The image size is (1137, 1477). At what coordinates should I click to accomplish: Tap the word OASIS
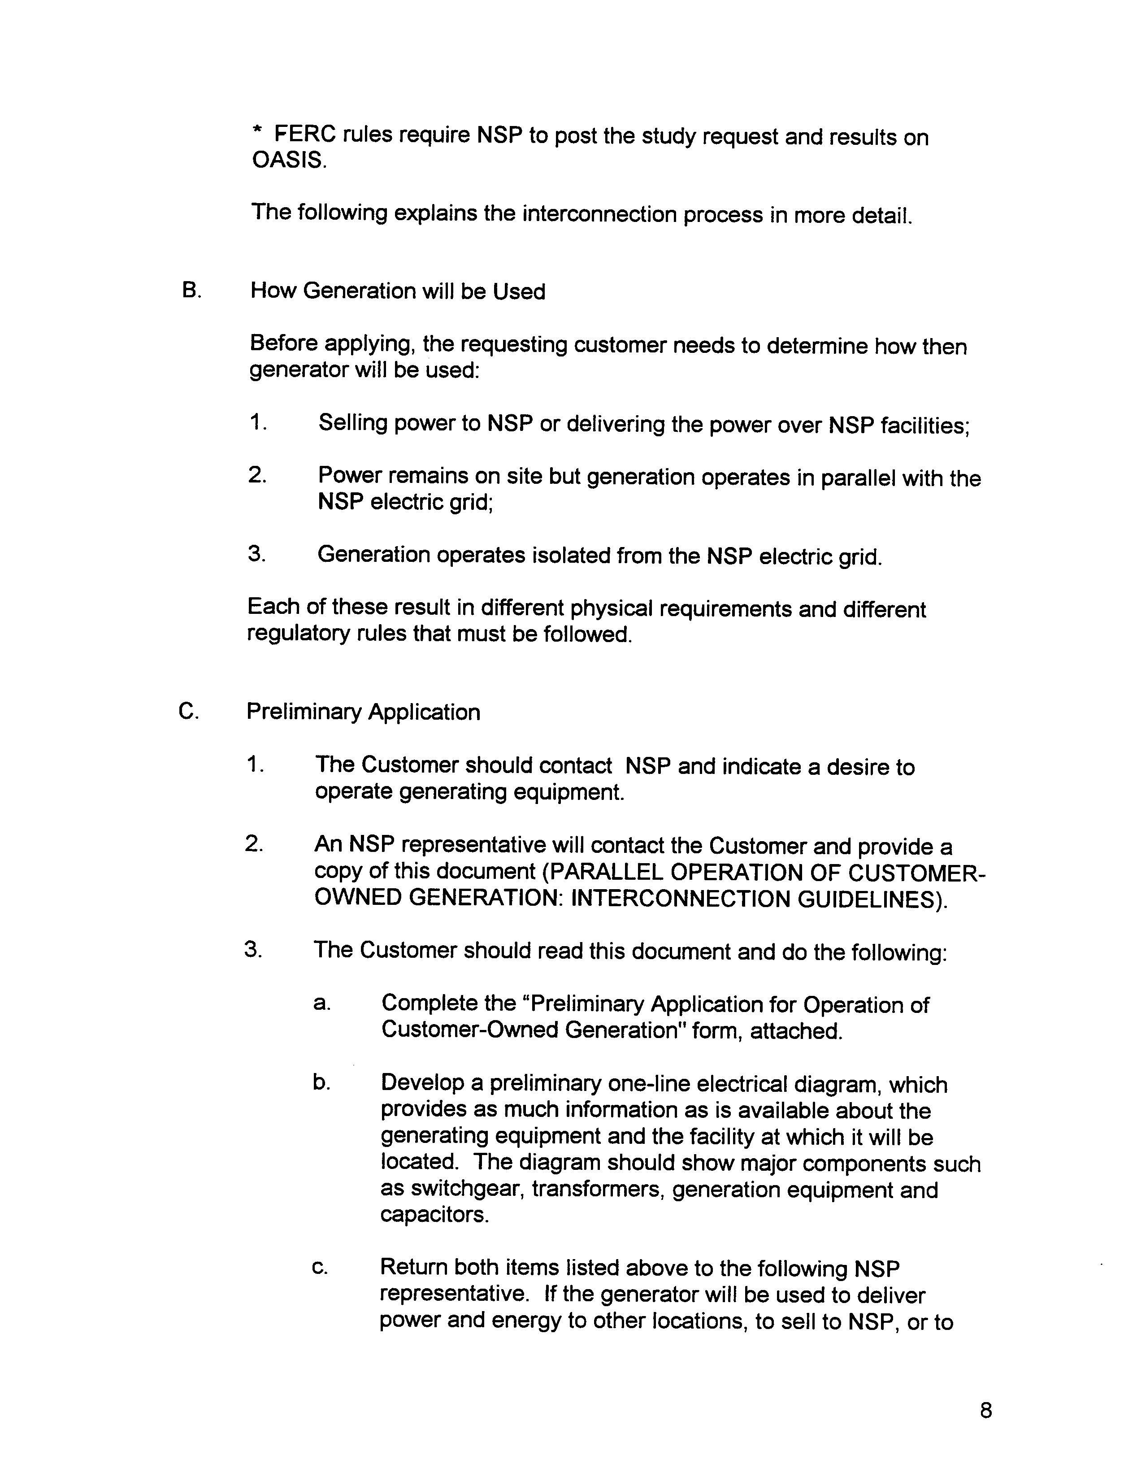point(288,161)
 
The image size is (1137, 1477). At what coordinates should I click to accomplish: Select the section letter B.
point(190,291)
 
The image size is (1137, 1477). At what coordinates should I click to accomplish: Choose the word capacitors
point(434,1215)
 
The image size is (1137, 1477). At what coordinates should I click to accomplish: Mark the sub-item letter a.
point(321,1003)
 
